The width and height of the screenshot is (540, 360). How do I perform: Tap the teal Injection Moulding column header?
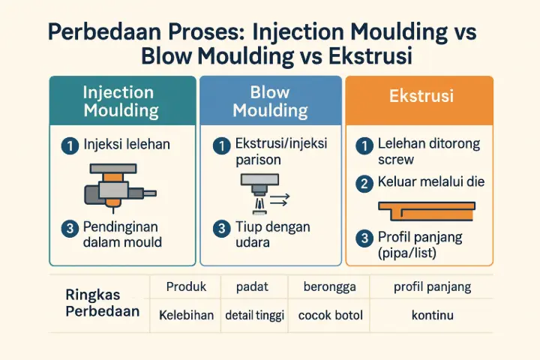pos(121,101)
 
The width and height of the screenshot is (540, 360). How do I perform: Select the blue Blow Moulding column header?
pos(270,101)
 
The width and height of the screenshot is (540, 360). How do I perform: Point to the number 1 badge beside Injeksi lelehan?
pos(69,145)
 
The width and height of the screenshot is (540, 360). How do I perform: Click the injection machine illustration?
pos(112,187)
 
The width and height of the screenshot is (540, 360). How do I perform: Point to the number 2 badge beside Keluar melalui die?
pos(365,182)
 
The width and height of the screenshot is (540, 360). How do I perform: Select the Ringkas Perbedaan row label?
pos(102,302)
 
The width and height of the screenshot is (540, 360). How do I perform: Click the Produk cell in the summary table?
pos(186,286)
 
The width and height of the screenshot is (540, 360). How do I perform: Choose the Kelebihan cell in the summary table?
pos(186,315)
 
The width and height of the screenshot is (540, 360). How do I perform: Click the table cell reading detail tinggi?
pos(255,315)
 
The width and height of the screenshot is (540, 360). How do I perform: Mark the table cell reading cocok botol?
pos(330,315)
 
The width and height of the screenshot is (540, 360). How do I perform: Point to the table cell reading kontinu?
pos(433,315)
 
